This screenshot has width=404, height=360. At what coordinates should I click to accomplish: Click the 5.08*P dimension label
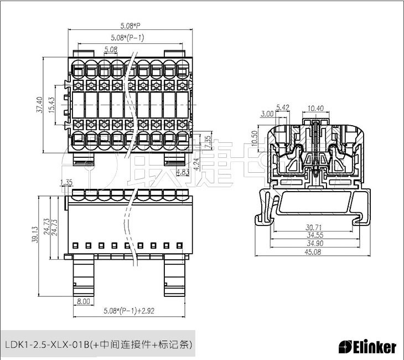click(131, 25)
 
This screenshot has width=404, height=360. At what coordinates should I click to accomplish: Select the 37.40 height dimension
click(39, 105)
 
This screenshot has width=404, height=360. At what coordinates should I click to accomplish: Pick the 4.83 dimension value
click(183, 173)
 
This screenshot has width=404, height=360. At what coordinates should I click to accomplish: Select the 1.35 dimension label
click(66, 182)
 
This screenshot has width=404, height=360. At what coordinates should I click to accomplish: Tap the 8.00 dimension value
click(84, 301)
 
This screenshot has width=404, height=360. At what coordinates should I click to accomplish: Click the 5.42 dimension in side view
click(282, 107)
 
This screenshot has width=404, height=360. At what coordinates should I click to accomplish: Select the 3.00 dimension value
click(266, 114)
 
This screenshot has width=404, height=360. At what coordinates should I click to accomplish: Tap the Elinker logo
click(367, 347)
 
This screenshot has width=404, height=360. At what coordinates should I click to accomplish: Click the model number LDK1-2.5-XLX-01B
click(47, 344)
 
